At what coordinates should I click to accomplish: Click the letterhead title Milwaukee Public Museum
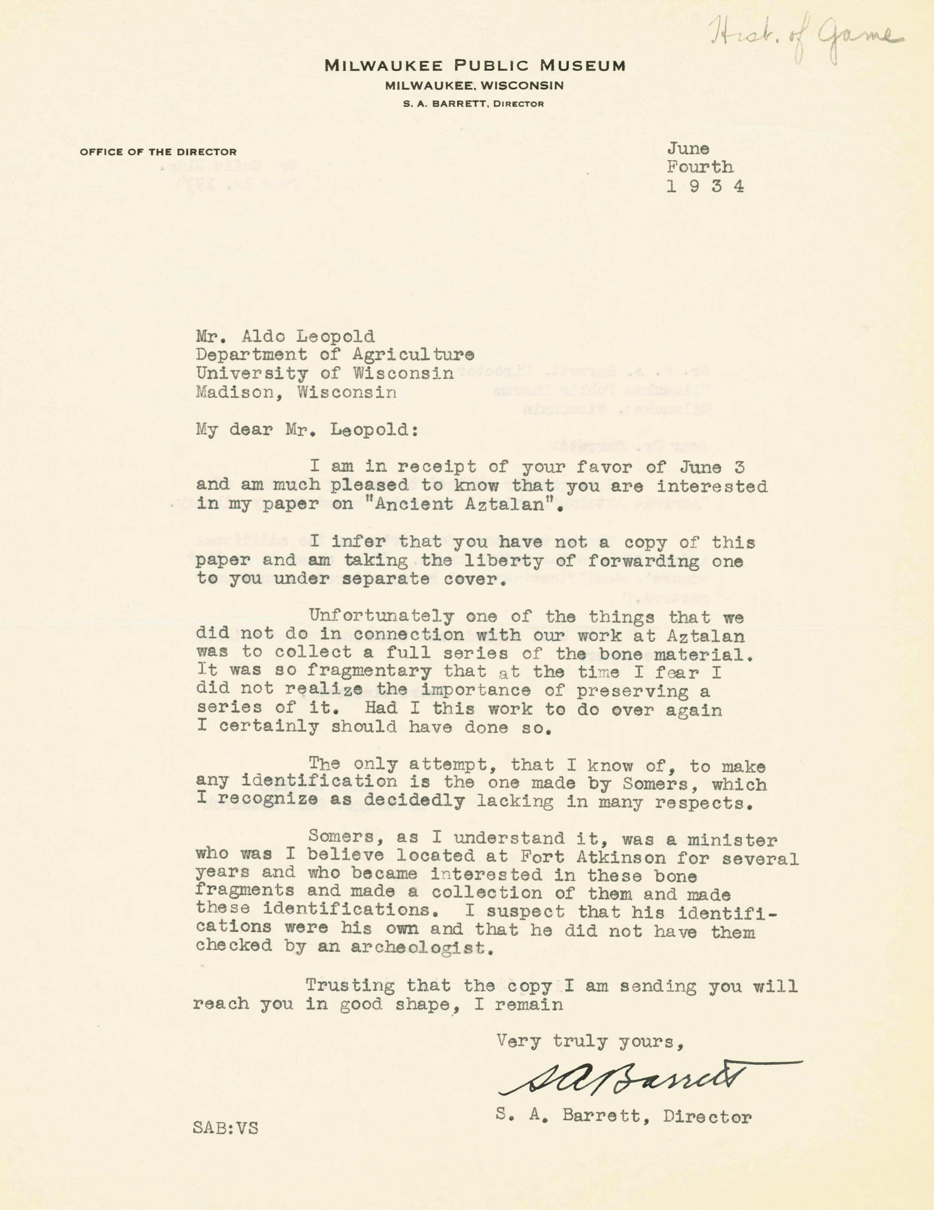coord(474,66)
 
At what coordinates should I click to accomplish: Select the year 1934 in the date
coord(705,186)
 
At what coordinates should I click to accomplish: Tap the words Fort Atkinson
coord(592,858)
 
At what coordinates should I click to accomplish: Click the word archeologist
coord(421,947)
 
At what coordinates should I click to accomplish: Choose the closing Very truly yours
coord(590,1042)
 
